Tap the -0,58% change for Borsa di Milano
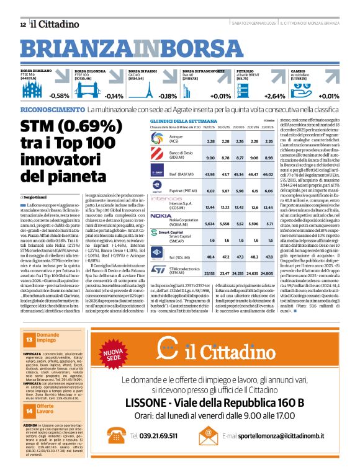[x=60, y=96]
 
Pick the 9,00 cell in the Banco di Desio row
[x=210, y=158]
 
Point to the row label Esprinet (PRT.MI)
[x=183, y=190]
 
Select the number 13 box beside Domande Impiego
[x=29, y=340]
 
